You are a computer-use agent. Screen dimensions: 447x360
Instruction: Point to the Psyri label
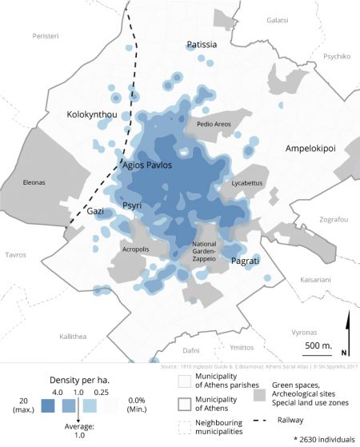[132, 206]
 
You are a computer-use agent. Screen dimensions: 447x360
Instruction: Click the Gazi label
[95, 211]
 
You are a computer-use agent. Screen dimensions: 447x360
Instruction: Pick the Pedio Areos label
[214, 124]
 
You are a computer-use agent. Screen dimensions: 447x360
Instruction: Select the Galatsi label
[277, 18]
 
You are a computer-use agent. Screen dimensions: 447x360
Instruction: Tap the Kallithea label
[73, 337]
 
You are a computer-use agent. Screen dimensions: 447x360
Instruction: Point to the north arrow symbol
[346, 330]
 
